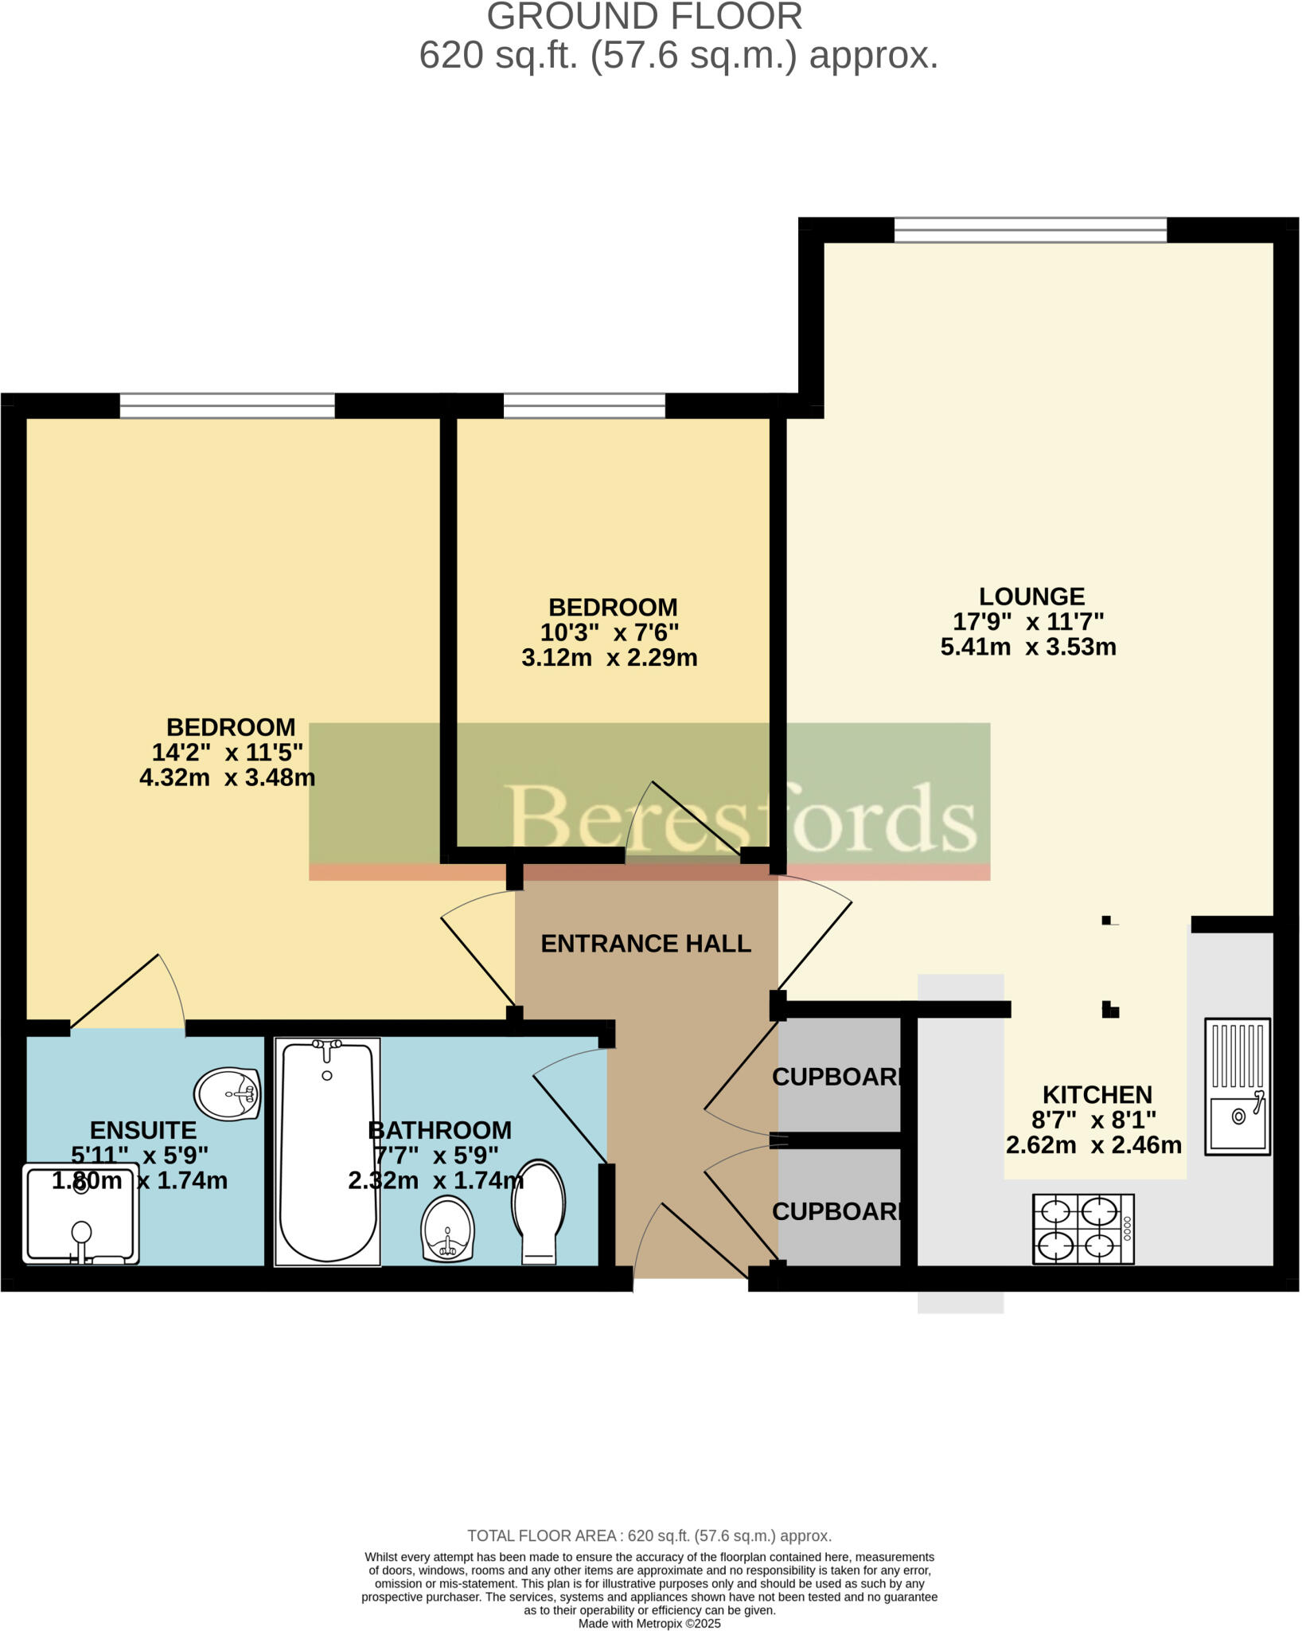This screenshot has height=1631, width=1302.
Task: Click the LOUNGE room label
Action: coord(1031,596)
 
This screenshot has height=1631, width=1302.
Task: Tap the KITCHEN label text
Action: coord(1097,1094)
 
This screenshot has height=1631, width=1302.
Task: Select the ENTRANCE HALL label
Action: coord(645,944)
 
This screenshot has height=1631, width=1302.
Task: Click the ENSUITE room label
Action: coord(143,1130)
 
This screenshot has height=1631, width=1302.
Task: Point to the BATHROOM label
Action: coord(439,1130)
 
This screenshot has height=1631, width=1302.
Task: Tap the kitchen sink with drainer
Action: coord(1238,1086)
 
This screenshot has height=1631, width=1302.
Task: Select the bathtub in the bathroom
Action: coord(327,1152)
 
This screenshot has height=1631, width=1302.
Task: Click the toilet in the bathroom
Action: coord(539,1211)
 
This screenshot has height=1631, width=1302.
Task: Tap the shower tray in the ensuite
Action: coord(81,1215)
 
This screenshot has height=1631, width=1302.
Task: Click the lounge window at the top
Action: coord(1031,230)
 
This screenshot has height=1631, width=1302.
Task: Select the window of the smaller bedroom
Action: coord(584,406)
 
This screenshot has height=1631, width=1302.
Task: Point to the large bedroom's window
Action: coord(228,406)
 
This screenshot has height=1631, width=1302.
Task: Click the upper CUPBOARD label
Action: coord(839,1077)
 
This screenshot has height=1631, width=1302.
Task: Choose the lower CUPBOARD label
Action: coord(839,1211)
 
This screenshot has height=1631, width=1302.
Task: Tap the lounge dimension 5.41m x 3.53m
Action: coord(1028,647)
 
